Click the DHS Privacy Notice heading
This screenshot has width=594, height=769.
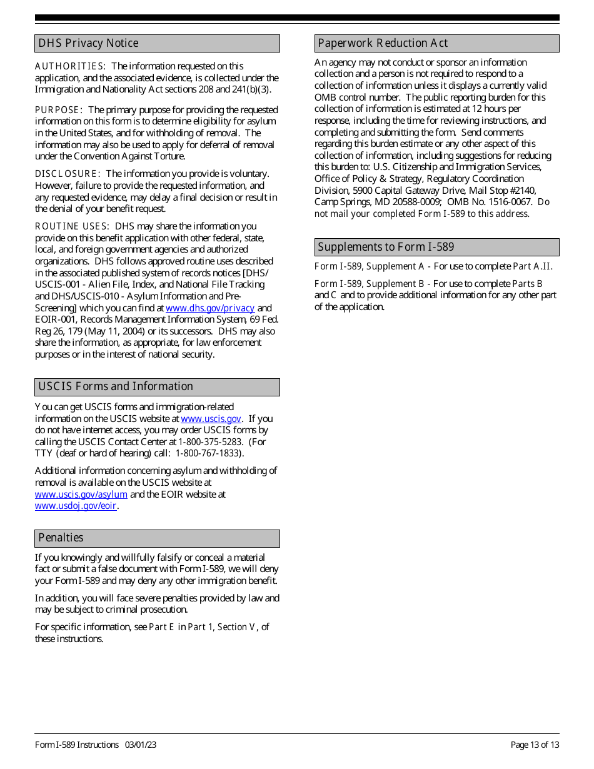click(88, 43)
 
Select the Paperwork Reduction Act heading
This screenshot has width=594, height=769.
click(383, 43)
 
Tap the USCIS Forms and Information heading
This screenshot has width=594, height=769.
click(116, 386)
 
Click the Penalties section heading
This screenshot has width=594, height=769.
click(61, 538)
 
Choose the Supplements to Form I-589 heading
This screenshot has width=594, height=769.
click(386, 247)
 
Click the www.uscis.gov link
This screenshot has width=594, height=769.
click(211, 419)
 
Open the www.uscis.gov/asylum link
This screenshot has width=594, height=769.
click(81, 495)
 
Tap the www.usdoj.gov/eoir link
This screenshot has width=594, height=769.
click(76, 506)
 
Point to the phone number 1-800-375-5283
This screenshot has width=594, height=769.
click(210, 442)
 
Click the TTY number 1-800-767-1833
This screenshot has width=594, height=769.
click(208, 453)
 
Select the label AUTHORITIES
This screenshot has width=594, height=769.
click(70, 66)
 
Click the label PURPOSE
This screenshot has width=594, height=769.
click(58, 110)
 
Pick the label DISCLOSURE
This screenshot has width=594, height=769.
click(67, 174)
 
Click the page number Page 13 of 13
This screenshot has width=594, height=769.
click(535, 745)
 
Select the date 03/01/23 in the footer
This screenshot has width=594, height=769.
click(141, 745)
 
